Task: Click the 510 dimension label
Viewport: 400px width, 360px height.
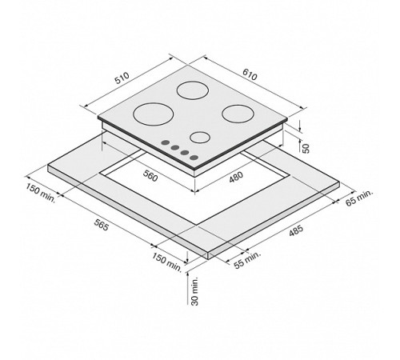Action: click(x=122, y=78)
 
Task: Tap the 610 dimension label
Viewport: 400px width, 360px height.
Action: click(x=250, y=74)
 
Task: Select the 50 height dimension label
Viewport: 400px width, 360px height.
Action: click(x=306, y=148)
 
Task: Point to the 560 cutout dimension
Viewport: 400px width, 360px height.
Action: click(x=150, y=176)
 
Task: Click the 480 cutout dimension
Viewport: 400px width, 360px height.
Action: click(x=236, y=177)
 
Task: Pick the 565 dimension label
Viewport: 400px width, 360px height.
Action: click(x=102, y=225)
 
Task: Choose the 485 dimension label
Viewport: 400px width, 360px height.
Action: click(x=296, y=230)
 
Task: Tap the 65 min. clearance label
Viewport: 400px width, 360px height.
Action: click(x=359, y=198)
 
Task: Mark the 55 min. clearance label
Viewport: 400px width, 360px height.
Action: click(x=247, y=260)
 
